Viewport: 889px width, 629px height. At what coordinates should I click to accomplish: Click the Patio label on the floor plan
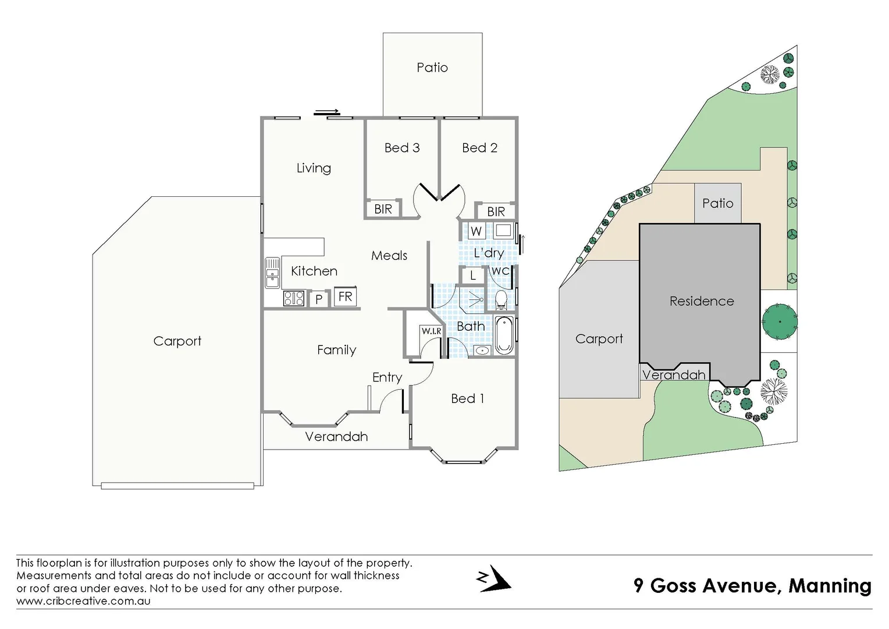432,68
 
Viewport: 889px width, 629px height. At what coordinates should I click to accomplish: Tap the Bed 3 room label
401,148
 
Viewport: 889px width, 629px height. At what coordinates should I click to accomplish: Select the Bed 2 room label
479,148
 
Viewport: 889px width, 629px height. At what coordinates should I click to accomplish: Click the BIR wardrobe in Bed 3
383,209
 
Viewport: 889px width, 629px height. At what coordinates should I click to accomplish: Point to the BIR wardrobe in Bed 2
496,211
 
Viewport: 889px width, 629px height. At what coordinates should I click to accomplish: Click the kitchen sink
272,273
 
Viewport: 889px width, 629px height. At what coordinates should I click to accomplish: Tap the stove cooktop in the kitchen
294,299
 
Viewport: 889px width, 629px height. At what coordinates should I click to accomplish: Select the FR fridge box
345,296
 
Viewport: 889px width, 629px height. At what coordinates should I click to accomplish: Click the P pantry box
319,299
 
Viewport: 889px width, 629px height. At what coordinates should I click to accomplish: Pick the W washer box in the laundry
476,231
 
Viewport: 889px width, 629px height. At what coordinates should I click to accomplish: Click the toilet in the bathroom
500,300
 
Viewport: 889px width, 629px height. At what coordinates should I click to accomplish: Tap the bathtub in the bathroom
504,335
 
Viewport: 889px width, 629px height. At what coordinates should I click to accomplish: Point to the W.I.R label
431,331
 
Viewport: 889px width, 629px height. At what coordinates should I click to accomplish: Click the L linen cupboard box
473,275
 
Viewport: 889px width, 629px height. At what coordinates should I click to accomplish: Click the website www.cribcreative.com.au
83,601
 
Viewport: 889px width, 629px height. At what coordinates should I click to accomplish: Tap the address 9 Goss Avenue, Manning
752,585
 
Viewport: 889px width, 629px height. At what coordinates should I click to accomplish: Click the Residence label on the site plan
701,301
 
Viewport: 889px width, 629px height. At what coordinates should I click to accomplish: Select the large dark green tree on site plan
779,321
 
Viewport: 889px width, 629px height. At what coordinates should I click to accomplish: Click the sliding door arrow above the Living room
327,112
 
